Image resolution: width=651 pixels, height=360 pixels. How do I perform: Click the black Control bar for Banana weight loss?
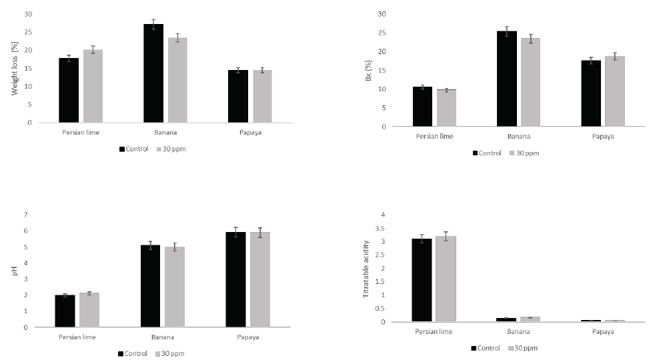153,73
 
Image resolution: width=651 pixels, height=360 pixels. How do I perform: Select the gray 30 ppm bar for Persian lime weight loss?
93,86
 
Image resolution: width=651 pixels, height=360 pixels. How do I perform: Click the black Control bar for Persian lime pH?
65,311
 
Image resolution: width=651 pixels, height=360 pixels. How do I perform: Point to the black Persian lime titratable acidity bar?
422,280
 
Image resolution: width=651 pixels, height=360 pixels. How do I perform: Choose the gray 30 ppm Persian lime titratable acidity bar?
446,279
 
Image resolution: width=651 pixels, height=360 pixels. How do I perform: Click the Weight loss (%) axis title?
14,68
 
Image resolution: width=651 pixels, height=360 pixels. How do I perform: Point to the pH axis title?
14,271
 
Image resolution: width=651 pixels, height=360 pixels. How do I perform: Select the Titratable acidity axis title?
366,269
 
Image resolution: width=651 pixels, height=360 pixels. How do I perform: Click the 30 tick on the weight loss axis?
27,14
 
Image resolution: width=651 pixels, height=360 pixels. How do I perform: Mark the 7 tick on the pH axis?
25,215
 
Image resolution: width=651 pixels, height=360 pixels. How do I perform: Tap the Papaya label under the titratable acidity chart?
603,331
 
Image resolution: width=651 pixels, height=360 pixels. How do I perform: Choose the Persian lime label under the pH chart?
77,337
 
